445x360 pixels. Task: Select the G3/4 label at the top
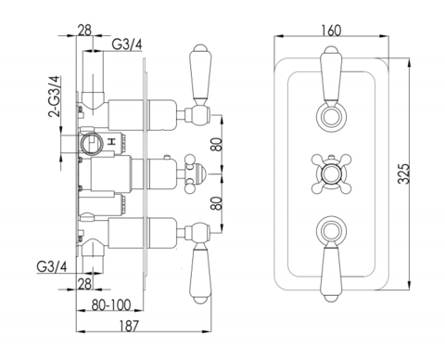click(126, 45)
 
